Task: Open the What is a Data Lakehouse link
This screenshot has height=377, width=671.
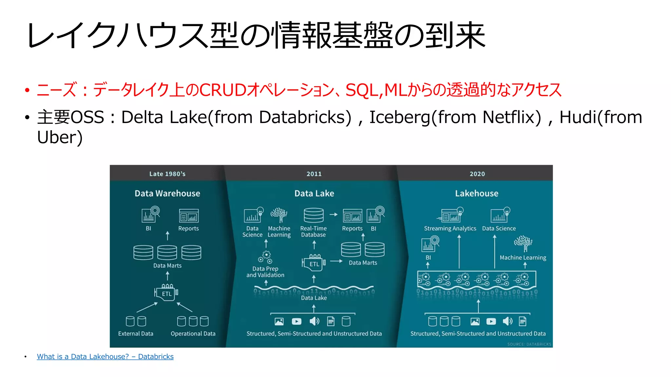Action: (105, 356)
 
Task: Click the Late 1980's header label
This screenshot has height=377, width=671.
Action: (167, 174)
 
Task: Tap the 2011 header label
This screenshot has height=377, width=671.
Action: (314, 174)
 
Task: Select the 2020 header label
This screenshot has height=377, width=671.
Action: (477, 174)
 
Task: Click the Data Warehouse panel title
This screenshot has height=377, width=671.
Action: (167, 193)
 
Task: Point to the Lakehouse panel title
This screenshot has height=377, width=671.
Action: (476, 193)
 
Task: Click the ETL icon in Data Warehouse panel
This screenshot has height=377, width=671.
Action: (166, 293)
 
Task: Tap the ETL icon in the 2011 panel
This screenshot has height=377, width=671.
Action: (314, 263)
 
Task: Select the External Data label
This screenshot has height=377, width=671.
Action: (136, 333)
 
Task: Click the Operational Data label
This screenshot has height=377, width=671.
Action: (193, 333)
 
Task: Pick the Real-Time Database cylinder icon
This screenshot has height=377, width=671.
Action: (314, 215)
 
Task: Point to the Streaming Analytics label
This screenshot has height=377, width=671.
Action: (450, 228)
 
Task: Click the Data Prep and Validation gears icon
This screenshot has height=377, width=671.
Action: (265, 257)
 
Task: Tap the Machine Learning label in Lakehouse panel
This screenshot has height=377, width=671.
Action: (523, 258)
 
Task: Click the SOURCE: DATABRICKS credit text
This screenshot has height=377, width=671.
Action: (529, 344)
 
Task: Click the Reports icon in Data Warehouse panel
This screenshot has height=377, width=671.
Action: (189, 216)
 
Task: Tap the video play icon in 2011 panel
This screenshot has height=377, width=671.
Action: (297, 321)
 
